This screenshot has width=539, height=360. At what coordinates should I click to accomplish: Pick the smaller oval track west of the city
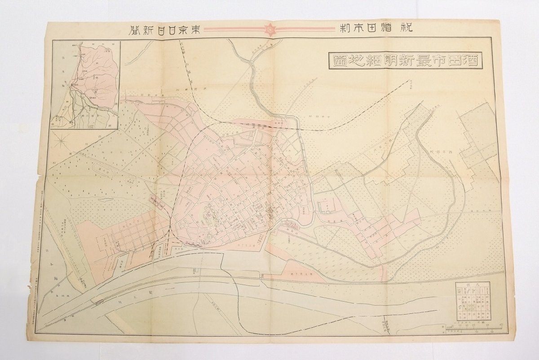[x=130, y=182]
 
